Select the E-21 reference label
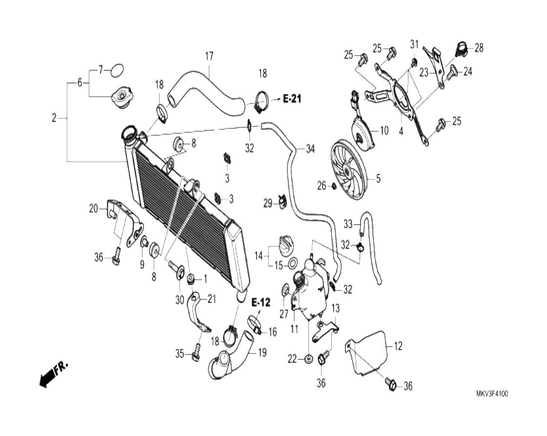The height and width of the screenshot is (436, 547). pyautogui.click(x=292, y=99)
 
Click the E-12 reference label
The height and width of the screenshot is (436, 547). pyautogui.click(x=261, y=303)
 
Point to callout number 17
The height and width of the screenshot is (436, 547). pyautogui.click(x=209, y=56)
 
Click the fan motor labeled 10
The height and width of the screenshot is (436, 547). pyautogui.click(x=363, y=130)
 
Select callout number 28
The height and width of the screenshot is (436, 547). pyautogui.click(x=479, y=48)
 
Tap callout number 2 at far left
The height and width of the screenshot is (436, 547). pyautogui.click(x=55, y=118)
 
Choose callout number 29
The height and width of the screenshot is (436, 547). pyautogui.click(x=268, y=204)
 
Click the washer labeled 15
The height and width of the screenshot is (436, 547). pyautogui.click(x=292, y=265)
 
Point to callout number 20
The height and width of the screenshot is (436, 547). pyautogui.click(x=93, y=209)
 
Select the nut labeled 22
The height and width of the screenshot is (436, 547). pyautogui.click(x=308, y=359)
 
